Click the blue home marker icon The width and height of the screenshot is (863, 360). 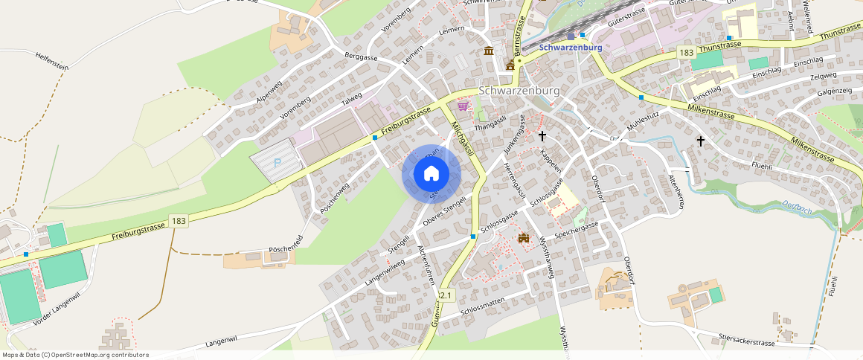coord(431,174)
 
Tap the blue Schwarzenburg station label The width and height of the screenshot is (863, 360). coord(571,48)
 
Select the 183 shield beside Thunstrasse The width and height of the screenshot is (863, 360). coord(686,52)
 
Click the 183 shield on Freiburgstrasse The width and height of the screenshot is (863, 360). coord(178,221)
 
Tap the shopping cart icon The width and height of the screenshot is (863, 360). coord(463,106)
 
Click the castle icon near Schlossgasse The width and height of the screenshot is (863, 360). coord(524,238)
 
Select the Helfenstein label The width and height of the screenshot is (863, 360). coord(51,66)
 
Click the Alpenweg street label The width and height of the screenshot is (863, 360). coord(269,92)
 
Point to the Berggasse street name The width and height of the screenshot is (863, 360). coord(362,57)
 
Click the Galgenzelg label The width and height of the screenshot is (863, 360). coord(834,91)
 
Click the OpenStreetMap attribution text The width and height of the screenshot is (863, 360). coord(75,355)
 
